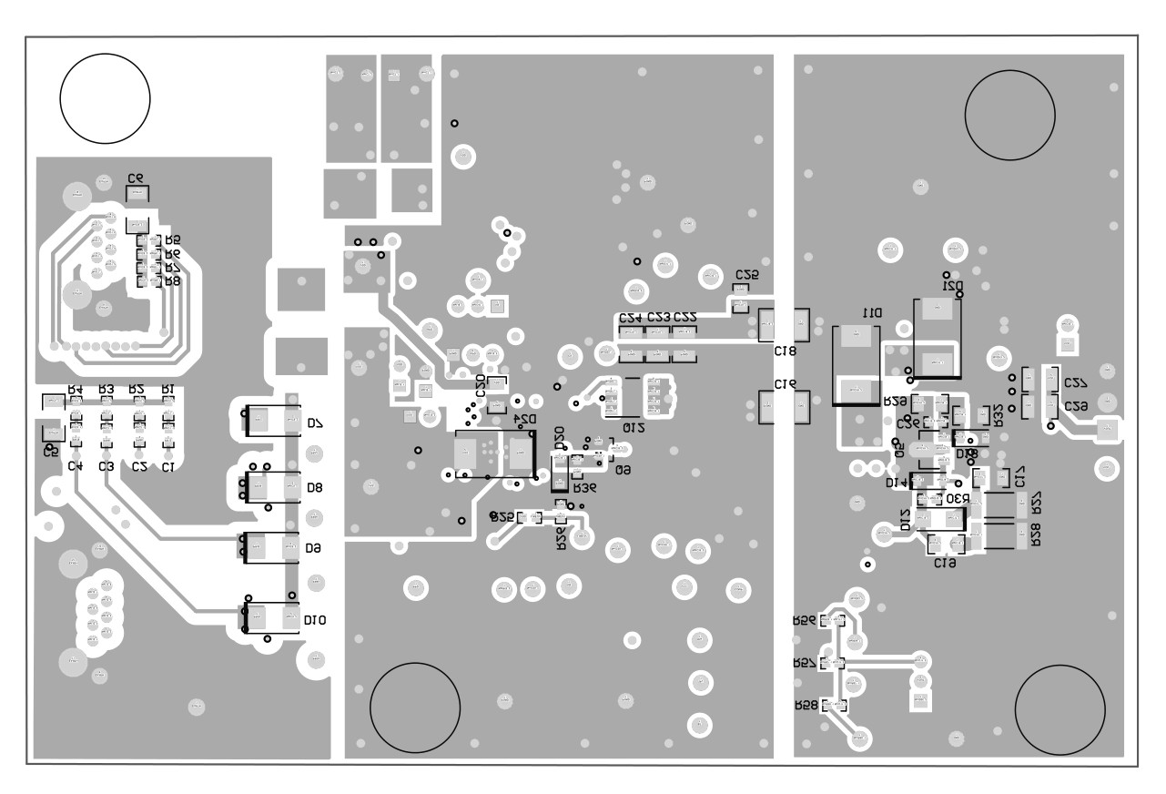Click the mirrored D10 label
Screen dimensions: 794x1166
click(315, 620)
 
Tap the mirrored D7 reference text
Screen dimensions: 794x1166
click(316, 423)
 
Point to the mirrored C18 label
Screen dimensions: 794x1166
click(785, 351)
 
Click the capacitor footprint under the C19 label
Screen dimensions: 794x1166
click(785, 406)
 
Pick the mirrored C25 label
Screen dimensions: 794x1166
click(746, 274)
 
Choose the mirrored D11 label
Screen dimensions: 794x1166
click(872, 312)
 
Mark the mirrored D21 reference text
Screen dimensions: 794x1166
click(953, 285)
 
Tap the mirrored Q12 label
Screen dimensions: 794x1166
click(634, 427)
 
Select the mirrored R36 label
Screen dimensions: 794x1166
click(584, 488)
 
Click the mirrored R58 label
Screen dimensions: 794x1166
click(806, 706)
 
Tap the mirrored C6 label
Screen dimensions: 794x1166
click(136, 178)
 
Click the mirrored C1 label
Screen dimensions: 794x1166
click(167, 467)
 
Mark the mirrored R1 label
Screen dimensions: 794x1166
click(167, 390)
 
